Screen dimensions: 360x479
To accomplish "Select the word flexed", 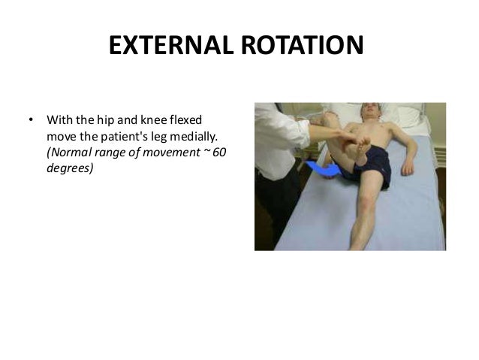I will coord(194,120).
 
